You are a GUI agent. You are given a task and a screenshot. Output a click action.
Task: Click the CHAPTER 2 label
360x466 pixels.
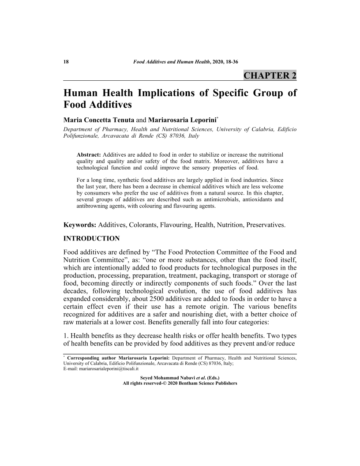tap(270, 75)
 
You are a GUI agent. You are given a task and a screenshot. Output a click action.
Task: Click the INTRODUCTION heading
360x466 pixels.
tap(92, 239)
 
